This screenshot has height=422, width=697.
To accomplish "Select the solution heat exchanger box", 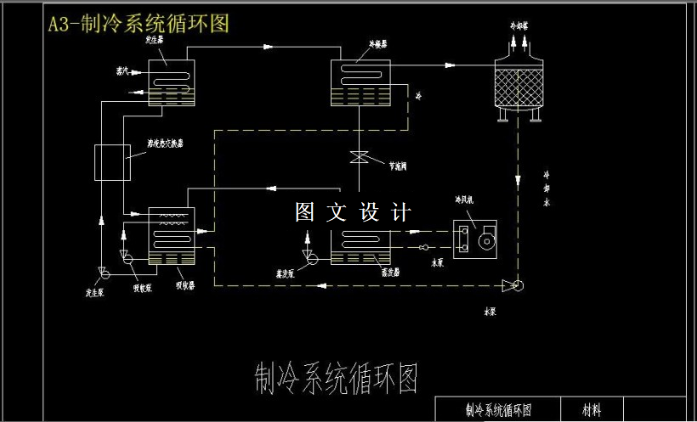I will [112, 162].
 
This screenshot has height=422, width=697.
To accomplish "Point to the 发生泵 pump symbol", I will [105, 271].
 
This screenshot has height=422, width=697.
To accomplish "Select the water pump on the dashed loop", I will [511, 285].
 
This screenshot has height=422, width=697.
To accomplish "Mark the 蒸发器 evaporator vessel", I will [360, 246].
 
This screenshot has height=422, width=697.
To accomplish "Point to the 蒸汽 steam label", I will [124, 69].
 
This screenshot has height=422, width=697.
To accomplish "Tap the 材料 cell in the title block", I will [592, 409].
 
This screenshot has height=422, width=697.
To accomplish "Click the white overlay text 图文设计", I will [354, 212].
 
